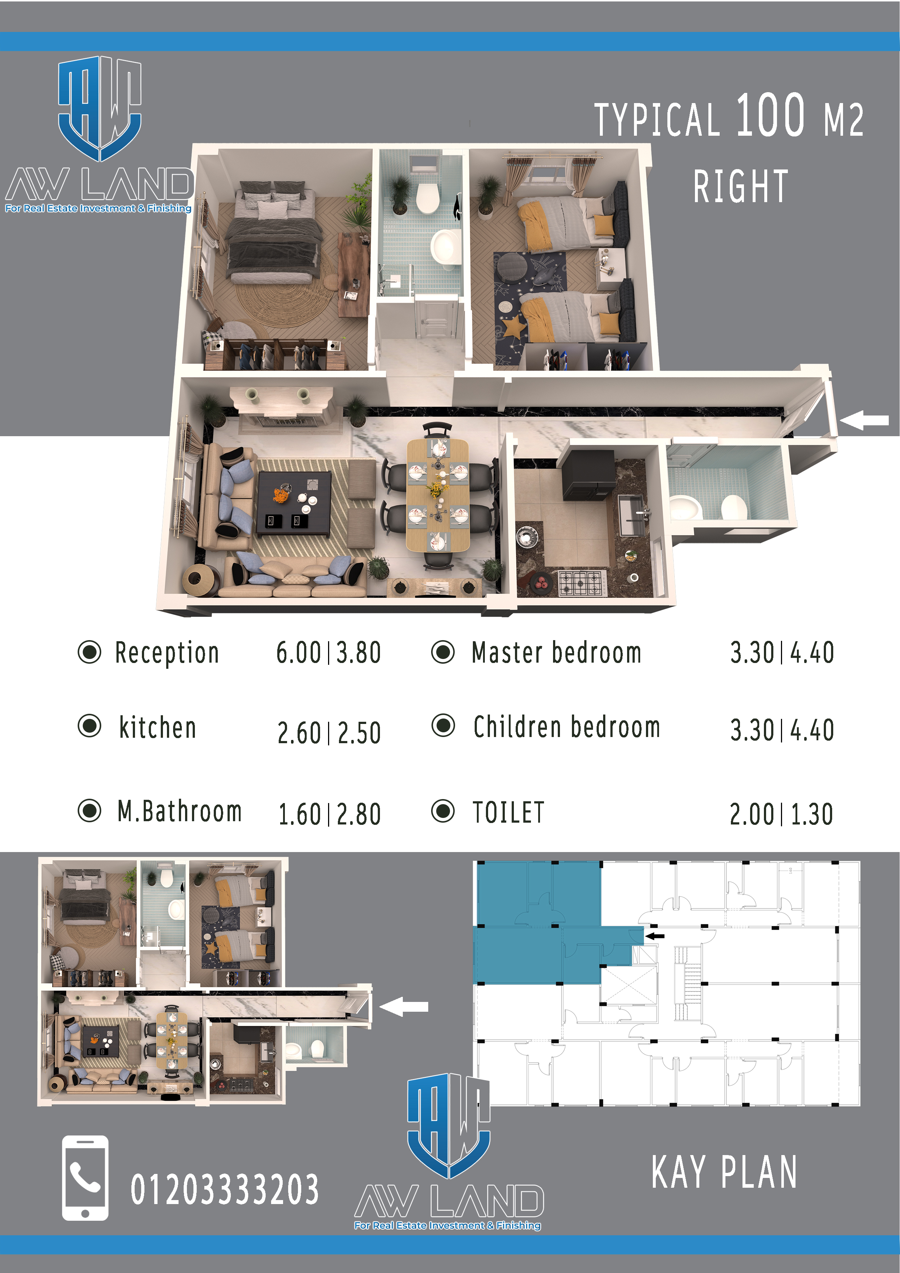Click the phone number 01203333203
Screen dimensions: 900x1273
225,1189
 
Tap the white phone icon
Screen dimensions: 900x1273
85,1178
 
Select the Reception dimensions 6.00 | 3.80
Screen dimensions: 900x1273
329,652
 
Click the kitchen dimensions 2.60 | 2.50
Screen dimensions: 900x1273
329,732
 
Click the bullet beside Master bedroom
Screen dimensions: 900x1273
442,652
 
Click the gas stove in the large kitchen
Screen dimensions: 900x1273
581,582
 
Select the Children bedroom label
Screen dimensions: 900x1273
567,726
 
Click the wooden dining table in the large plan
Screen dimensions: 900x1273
438,495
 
